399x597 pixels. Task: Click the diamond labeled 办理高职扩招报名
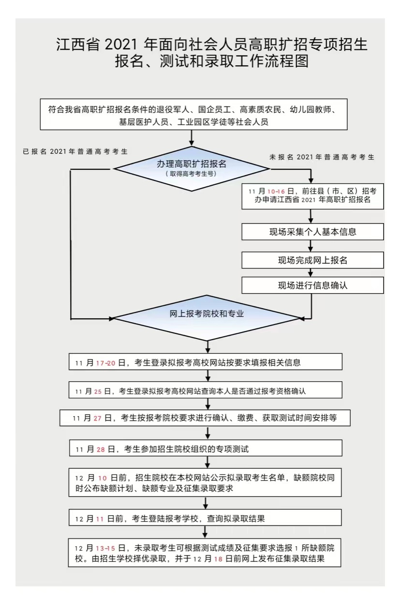point(192,169)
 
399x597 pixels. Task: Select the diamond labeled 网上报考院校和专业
point(207,318)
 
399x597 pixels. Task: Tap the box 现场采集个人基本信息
point(312,232)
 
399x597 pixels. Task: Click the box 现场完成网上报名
point(312,260)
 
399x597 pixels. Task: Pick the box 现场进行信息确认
point(312,285)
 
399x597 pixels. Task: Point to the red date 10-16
point(276,192)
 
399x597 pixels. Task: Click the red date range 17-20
point(105,363)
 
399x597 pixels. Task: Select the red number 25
point(98,391)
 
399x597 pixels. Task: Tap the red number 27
point(97,418)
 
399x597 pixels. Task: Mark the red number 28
point(101,449)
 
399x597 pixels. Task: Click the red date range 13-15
point(105,548)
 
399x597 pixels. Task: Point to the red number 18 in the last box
point(218,559)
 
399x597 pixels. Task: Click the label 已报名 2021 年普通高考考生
point(75,151)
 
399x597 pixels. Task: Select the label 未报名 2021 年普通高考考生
point(322,157)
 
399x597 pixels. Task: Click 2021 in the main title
point(121,45)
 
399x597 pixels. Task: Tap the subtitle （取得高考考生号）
point(191,174)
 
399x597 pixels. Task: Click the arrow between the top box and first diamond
point(192,138)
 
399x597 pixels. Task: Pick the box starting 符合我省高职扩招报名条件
point(193,114)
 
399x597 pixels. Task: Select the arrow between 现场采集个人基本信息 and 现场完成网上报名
point(310,246)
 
